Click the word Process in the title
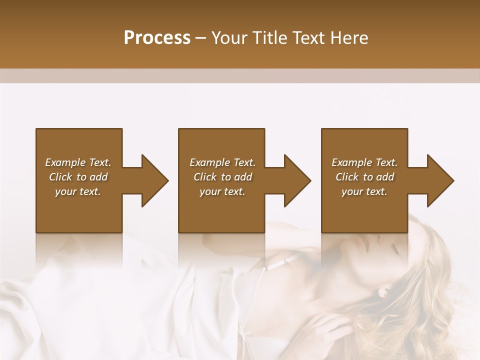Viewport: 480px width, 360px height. [x=157, y=38]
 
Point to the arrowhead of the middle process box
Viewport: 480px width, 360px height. [x=297, y=180]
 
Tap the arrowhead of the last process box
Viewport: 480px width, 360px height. [x=440, y=180]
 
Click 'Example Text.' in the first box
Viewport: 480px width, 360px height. [x=78, y=162]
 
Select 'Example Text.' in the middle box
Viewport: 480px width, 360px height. [x=222, y=162]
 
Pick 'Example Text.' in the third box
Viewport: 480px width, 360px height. [x=364, y=162]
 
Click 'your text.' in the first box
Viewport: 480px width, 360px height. [x=78, y=191]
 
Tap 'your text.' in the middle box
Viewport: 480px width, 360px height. [x=222, y=191]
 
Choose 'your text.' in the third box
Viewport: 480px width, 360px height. [x=364, y=191]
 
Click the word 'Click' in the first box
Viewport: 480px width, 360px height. [x=60, y=177]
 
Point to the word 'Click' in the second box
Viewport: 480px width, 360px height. [x=205, y=177]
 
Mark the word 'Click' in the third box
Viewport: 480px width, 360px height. [x=347, y=177]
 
